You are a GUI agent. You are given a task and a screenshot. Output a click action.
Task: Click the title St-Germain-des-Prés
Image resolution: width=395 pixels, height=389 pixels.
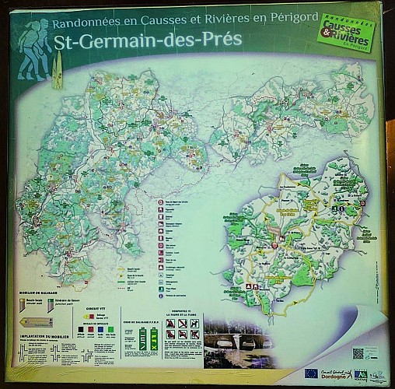click(149, 40)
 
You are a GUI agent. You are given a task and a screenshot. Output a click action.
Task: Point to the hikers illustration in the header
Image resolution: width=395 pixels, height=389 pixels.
click(34, 50)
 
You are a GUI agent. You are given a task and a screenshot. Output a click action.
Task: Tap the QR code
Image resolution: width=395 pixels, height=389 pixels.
click(358, 352)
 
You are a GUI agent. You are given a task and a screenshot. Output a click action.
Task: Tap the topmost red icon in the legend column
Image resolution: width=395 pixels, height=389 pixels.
click(160, 202)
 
